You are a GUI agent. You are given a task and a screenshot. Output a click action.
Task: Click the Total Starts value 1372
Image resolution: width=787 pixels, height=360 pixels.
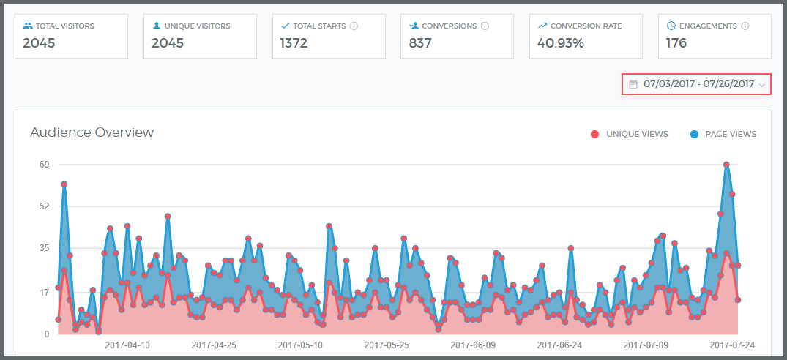(294, 43)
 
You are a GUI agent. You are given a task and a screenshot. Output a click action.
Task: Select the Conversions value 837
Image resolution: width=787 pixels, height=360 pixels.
(420, 43)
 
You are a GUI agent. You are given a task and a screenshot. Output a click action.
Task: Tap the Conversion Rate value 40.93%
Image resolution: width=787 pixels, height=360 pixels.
(561, 43)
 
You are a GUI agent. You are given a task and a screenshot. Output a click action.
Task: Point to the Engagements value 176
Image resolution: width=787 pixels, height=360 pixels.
(676, 43)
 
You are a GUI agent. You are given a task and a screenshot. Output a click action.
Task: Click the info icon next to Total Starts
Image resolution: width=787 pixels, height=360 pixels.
(354, 26)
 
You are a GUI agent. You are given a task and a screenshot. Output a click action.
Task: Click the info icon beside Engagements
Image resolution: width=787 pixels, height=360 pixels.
(745, 26)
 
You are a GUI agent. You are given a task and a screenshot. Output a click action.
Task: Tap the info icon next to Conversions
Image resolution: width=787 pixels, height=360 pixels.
(485, 26)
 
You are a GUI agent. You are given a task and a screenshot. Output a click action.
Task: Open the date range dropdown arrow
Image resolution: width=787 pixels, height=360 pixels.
(762, 85)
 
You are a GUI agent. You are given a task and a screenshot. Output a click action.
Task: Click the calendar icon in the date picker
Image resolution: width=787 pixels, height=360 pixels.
(633, 84)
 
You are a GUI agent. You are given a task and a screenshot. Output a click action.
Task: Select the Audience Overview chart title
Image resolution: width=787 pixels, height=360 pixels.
(92, 132)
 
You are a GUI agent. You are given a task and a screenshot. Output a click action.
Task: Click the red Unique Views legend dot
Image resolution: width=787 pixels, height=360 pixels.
(594, 134)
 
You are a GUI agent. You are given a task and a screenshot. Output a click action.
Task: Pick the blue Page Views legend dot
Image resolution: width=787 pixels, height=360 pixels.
(693, 134)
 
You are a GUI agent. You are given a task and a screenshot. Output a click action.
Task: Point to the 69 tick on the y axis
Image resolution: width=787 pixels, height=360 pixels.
(44, 165)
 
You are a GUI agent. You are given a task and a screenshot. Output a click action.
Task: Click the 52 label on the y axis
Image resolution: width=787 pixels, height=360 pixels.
(44, 206)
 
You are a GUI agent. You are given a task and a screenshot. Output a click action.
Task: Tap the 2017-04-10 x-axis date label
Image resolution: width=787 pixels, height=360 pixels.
(127, 344)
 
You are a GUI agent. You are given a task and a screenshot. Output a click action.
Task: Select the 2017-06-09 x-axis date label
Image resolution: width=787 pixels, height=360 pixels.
(473, 344)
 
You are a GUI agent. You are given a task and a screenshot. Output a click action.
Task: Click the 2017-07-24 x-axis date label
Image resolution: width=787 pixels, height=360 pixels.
(732, 344)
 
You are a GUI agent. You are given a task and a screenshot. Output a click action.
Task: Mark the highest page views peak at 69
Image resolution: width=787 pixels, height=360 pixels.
(726, 165)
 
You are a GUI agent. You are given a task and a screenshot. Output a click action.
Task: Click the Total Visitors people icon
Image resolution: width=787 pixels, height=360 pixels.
(28, 26)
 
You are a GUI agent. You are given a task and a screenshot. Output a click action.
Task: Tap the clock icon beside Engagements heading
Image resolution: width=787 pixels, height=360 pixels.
(671, 26)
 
